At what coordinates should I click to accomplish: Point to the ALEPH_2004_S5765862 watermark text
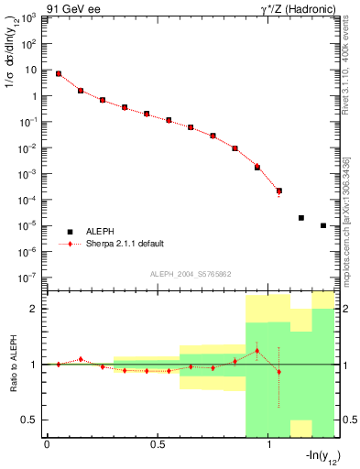pos(190,275)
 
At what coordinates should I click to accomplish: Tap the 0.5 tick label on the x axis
pos(158,446)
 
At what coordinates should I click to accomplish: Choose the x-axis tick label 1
pos(268,446)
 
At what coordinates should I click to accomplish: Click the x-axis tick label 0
pos(47,446)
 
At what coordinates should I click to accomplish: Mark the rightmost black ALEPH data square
pos(323,225)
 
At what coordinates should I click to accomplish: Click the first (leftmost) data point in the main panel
pos(59,73)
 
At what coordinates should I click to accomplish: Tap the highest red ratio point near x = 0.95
pos(257,350)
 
